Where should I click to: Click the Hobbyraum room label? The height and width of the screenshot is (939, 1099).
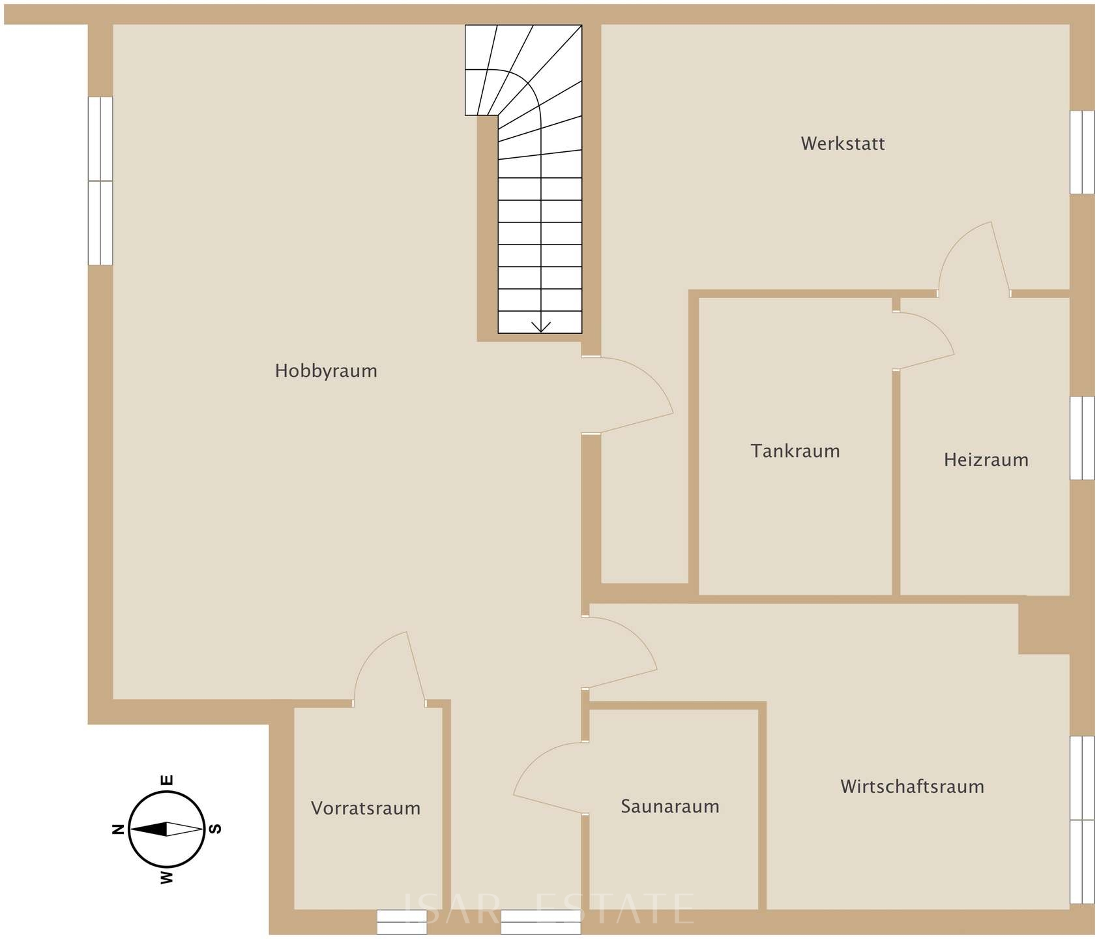[x=326, y=371]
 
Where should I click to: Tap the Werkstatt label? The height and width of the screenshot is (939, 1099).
[x=843, y=143]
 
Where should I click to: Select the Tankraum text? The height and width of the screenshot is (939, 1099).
[x=795, y=451]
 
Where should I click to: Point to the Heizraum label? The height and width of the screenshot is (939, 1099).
[x=986, y=460]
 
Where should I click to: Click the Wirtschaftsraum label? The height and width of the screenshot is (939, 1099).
[x=913, y=786]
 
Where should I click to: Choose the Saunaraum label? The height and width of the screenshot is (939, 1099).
[x=670, y=807]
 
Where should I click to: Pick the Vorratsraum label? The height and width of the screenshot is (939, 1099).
[x=366, y=809]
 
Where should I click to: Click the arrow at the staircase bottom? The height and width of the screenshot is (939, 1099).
[x=541, y=326]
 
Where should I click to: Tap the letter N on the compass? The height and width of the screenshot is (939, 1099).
[x=118, y=829]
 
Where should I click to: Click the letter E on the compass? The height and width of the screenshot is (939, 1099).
[x=167, y=780]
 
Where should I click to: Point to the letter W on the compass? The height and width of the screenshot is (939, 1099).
[x=167, y=878]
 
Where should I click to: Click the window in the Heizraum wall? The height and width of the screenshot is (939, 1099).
[x=1082, y=438]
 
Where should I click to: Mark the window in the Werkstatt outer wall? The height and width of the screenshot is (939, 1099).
[x=1082, y=152]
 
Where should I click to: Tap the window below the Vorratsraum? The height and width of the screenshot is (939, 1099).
[x=401, y=922]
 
